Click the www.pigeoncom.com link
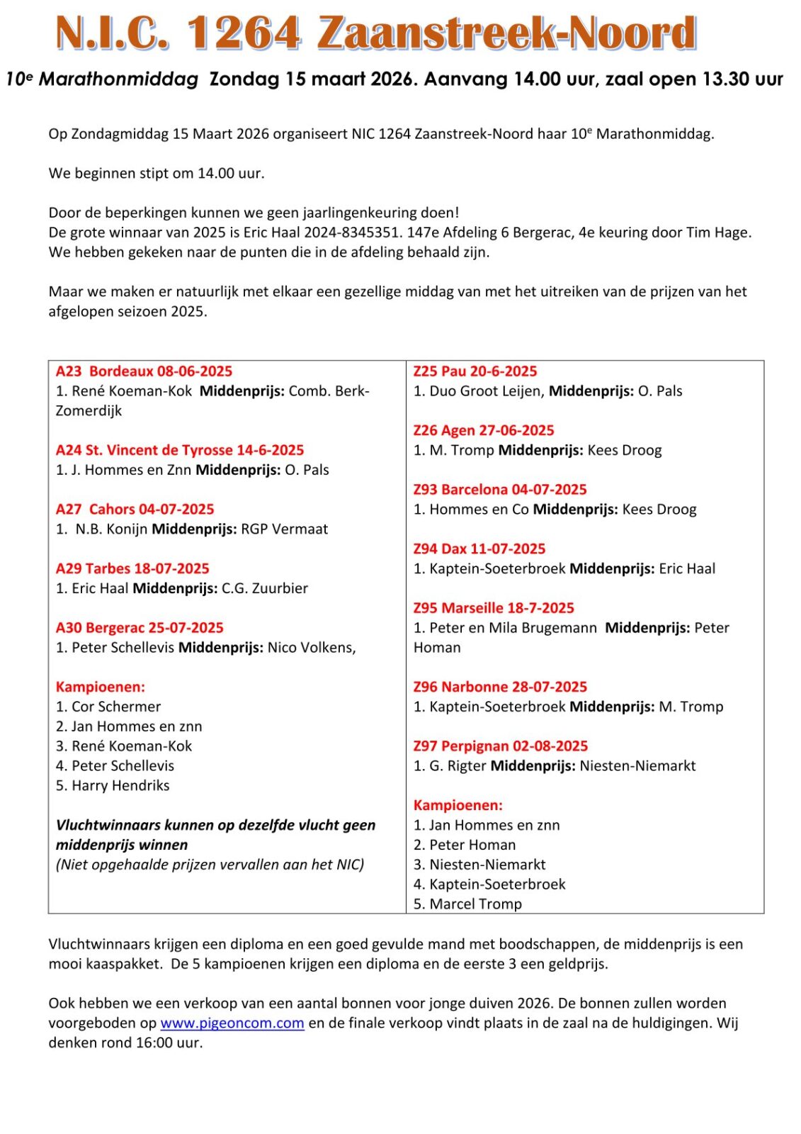pos(232,1023)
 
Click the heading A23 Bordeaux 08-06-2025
pos(144,371)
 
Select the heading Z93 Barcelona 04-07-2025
pos(500,490)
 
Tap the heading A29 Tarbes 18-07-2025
pos(132,568)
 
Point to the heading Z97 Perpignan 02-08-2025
pos(501,746)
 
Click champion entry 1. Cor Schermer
pos(108,707)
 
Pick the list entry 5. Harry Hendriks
pos(113,785)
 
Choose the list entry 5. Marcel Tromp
pos(467,904)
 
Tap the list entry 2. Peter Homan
pos(465,845)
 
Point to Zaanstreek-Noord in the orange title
pos(507,33)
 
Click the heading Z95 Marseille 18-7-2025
pos(494,608)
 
